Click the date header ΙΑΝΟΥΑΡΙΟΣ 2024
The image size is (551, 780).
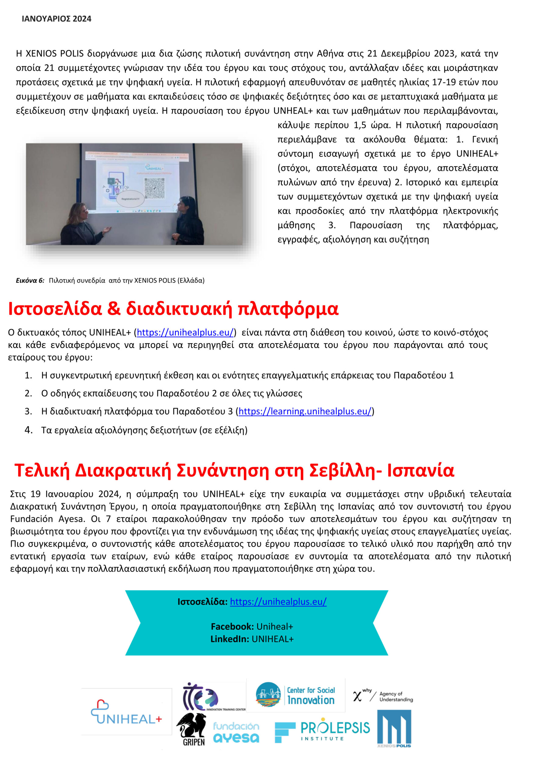point(56,19)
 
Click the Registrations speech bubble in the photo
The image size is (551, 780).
point(130,199)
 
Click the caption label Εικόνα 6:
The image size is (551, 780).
point(30,280)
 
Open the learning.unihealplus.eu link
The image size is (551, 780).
point(305,411)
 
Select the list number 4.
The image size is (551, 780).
point(29,430)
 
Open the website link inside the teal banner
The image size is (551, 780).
point(278,602)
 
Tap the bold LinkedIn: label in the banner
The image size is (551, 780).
point(230,639)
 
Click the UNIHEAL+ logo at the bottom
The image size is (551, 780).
point(126,712)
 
